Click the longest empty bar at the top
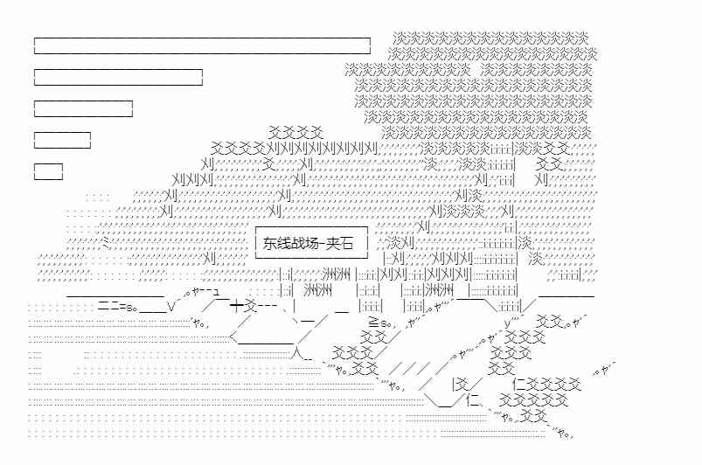202,45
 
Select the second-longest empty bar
118,77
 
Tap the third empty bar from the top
83,108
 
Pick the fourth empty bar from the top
62,140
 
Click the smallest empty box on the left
48,171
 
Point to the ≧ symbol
373,323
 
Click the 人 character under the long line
297,354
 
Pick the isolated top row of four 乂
295,131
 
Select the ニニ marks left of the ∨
108,307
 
